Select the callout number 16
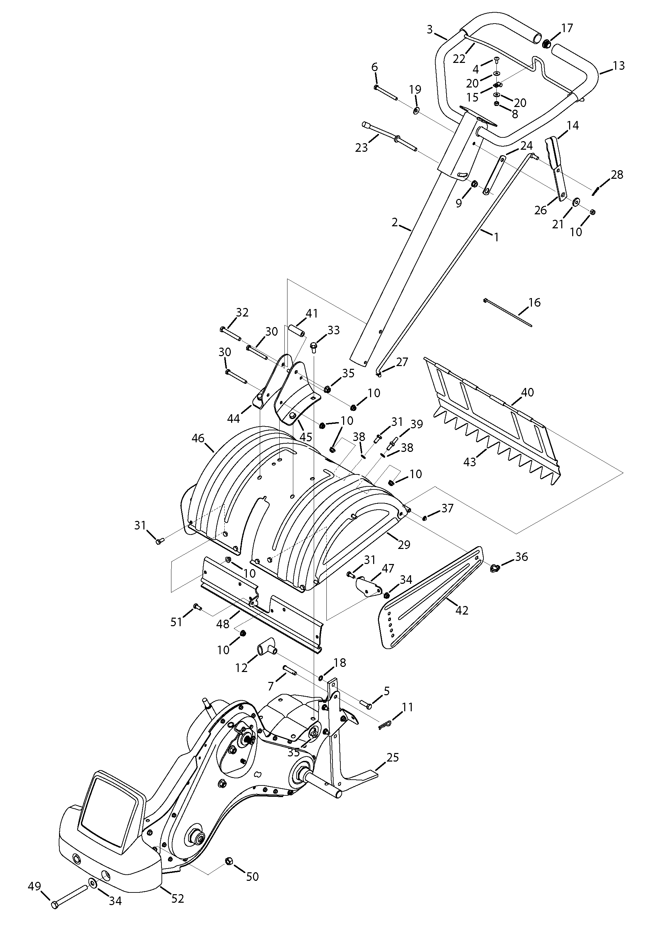pyautogui.click(x=534, y=302)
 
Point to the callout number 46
pyautogui.click(x=198, y=439)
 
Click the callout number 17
pyautogui.click(x=567, y=28)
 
